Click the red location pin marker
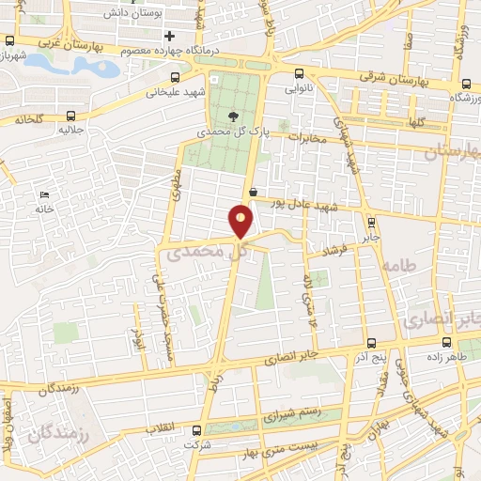coord(241,220)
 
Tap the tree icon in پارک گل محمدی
coord(231,116)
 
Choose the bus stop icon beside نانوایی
coord(299,73)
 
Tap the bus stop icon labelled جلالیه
coord(66,116)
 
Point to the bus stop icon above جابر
coord(371,223)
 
